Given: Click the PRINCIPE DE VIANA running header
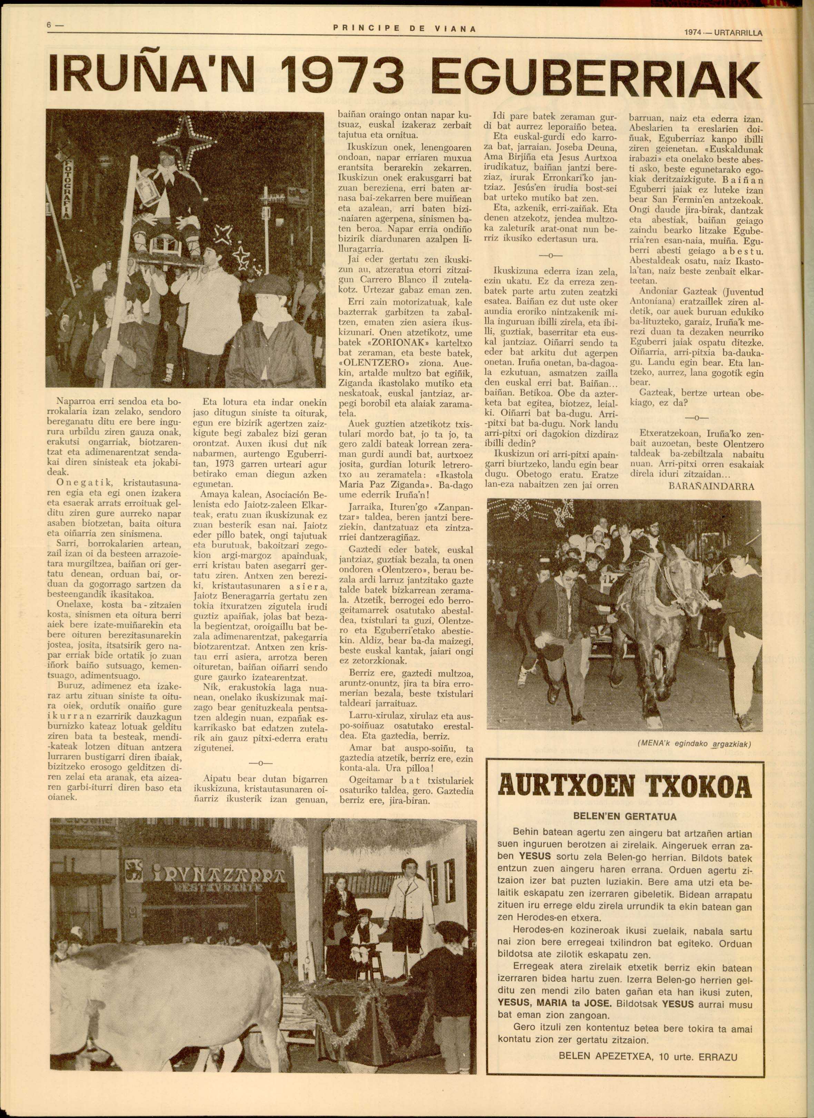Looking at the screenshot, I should tap(404, 29).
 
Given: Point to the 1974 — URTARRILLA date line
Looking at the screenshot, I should tap(723, 33).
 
